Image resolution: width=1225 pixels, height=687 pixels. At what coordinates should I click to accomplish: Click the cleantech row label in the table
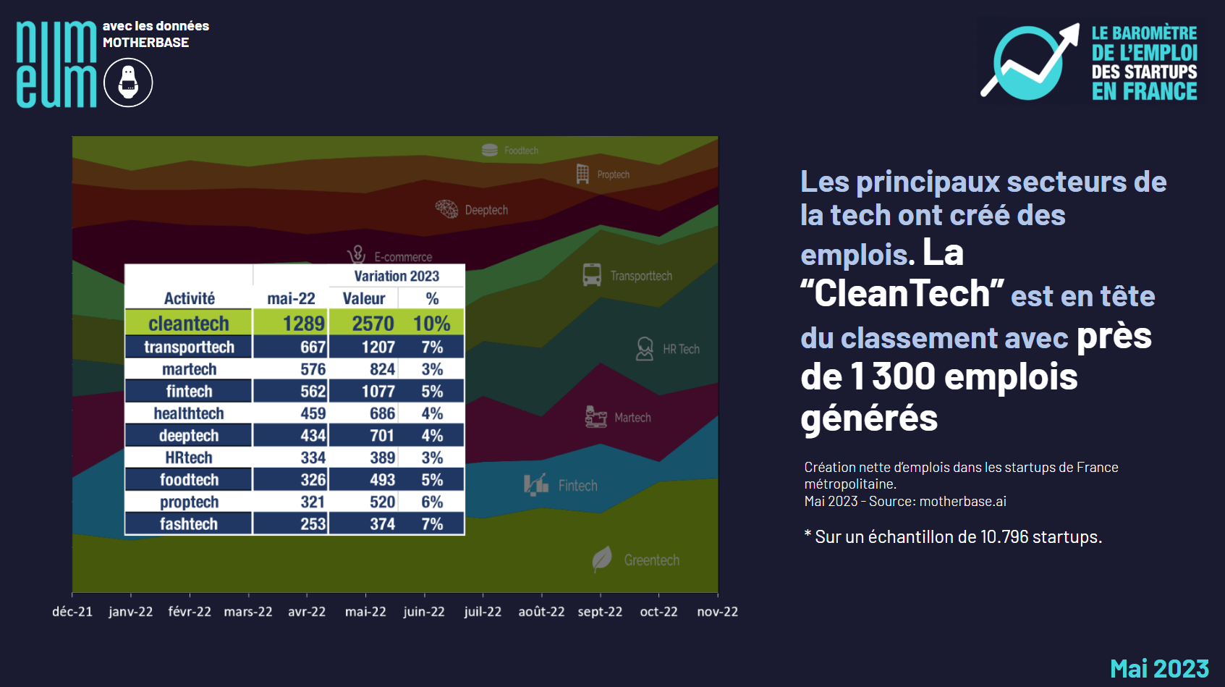(x=189, y=324)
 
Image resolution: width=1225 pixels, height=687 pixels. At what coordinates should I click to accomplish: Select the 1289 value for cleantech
(x=303, y=324)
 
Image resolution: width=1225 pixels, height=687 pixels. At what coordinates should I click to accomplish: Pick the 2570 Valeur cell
(x=373, y=324)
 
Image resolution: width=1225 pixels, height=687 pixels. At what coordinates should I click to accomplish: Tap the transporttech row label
(x=189, y=347)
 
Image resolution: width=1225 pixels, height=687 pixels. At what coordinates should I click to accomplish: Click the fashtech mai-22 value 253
(x=313, y=524)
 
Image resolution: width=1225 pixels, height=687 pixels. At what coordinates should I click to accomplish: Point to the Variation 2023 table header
(x=397, y=276)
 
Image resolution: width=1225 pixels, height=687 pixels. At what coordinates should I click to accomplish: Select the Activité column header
(x=189, y=298)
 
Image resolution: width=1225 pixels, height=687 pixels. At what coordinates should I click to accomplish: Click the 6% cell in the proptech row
(x=432, y=502)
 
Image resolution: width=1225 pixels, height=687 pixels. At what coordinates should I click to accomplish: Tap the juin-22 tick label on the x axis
(x=424, y=612)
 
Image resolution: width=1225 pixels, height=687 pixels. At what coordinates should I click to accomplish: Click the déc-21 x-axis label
(x=72, y=612)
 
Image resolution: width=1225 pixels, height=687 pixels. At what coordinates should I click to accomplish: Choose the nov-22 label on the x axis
(x=717, y=612)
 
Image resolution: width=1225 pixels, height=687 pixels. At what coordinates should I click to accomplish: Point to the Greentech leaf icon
(x=602, y=559)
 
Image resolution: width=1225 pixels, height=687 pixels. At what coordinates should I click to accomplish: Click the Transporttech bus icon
(x=592, y=275)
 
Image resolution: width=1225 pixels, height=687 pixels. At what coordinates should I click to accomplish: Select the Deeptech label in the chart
(x=486, y=210)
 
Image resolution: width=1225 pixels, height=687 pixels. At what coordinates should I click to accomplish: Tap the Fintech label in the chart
(x=577, y=486)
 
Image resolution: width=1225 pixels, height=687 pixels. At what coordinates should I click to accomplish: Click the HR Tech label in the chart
(x=681, y=349)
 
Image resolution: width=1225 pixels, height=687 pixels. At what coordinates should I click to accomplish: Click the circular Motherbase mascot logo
(x=128, y=83)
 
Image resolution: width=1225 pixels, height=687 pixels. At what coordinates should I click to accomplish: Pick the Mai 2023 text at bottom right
(x=1159, y=668)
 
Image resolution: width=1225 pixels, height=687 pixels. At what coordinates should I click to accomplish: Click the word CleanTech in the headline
(x=902, y=294)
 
